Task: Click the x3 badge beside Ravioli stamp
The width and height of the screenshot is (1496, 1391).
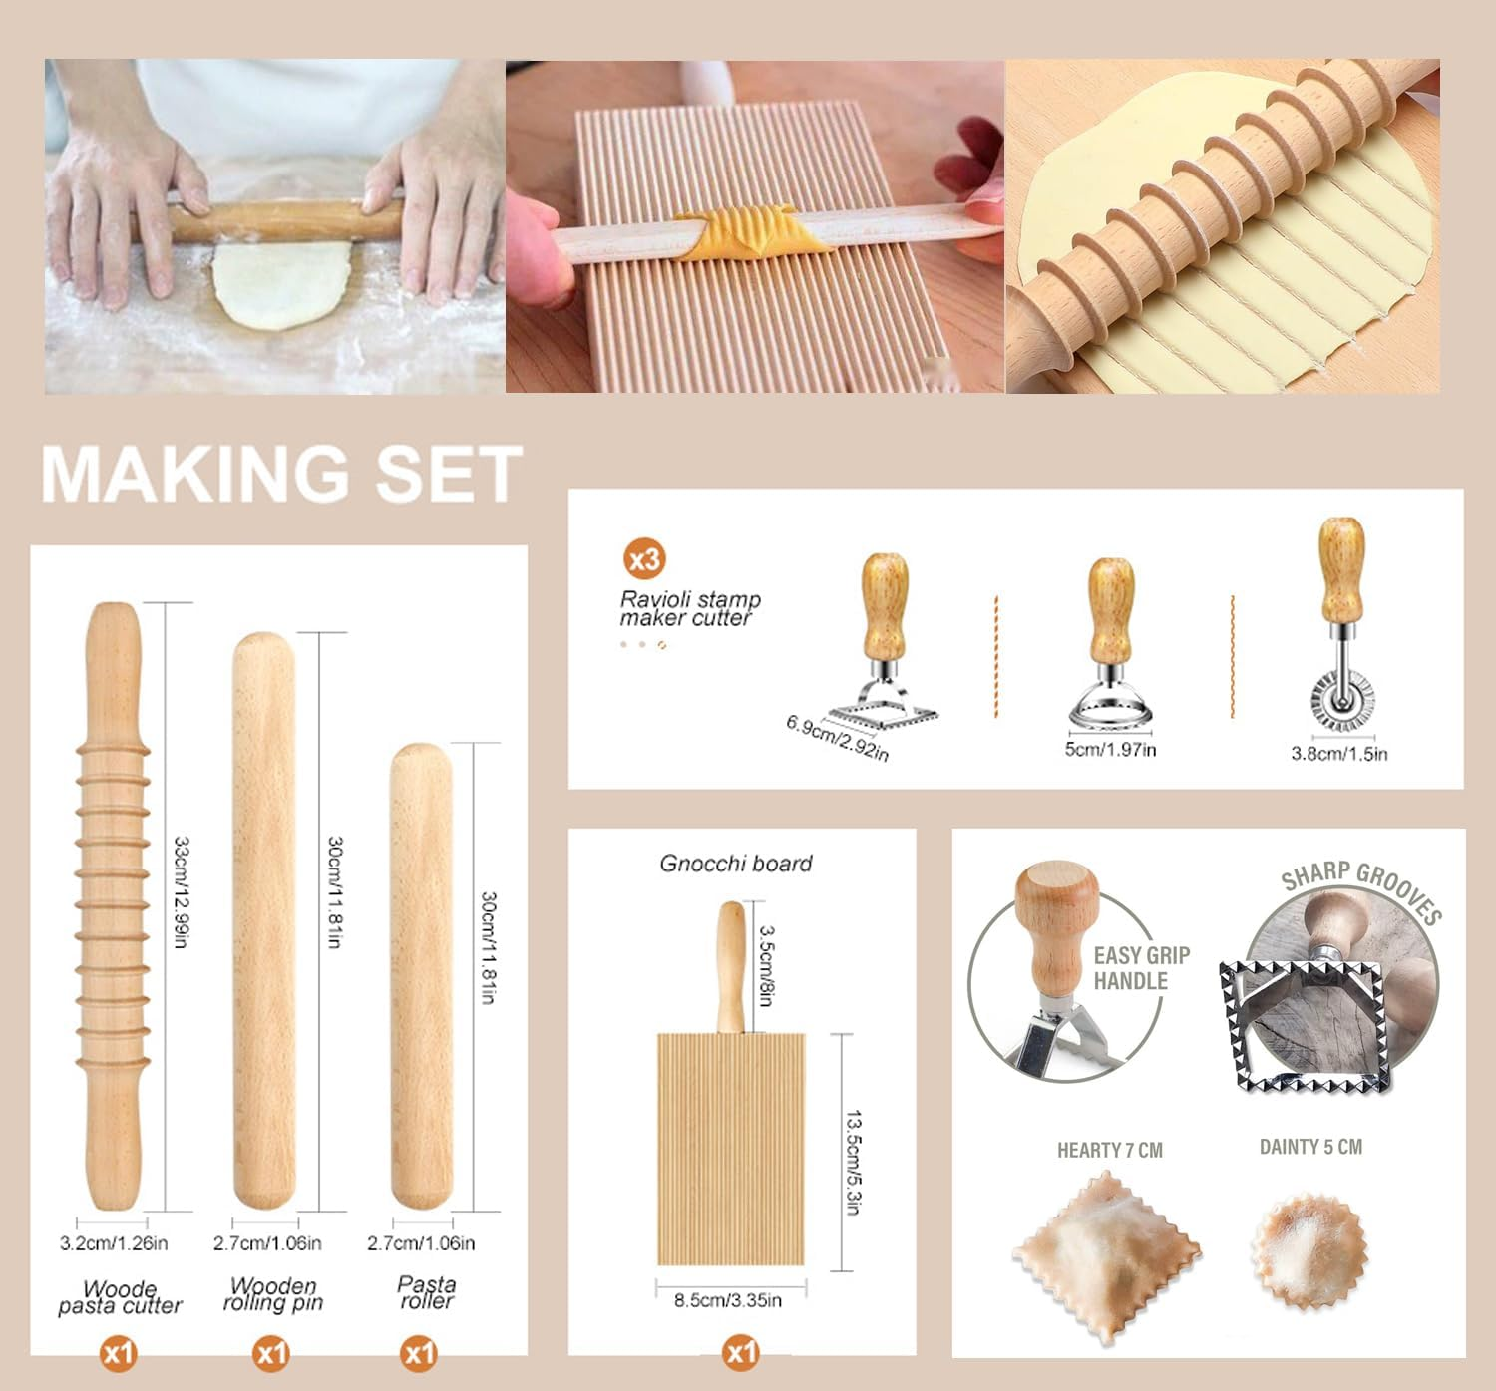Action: pyautogui.click(x=644, y=559)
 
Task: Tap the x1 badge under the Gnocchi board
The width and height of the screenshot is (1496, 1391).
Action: pyautogui.click(x=741, y=1352)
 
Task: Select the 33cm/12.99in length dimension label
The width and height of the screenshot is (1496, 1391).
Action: pyautogui.click(x=181, y=891)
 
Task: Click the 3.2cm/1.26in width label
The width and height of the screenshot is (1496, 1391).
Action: pyautogui.click(x=114, y=1242)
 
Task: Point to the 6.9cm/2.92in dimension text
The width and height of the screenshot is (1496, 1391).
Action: pyautogui.click(x=837, y=737)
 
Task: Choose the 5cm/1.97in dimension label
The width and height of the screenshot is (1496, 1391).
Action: pyautogui.click(x=1110, y=749)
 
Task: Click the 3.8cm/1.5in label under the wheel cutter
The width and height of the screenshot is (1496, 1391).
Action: pyautogui.click(x=1338, y=753)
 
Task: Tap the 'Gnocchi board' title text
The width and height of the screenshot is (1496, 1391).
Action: pyautogui.click(x=736, y=864)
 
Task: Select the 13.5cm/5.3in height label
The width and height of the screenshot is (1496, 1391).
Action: pyautogui.click(x=854, y=1162)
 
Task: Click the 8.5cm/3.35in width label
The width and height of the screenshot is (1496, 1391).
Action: pyautogui.click(x=728, y=1300)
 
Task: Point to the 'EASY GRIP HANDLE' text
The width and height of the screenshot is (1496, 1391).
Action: pyautogui.click(x=1140, y=968)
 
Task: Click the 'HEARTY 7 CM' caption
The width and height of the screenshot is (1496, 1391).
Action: pyautogui.click(x=1109, y=1150)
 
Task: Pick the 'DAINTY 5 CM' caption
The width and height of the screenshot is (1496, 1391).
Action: pyautogui.click(x=1310, y=1147)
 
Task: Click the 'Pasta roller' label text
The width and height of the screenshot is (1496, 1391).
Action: pyautogui.click(x=426, y=1292)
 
